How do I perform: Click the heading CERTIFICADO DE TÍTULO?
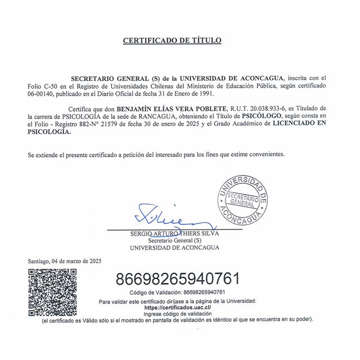[172, 40]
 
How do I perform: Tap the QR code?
[52, 292]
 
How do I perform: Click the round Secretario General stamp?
[242, 198]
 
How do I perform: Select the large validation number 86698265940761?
[178, 278]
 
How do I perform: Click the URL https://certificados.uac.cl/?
[177, 308]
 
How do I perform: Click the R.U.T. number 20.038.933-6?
[250, 107]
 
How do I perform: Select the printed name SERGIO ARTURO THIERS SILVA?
[174, 233]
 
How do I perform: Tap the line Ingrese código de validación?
[177, 313]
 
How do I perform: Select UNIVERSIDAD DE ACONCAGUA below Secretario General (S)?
[174, 247]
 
